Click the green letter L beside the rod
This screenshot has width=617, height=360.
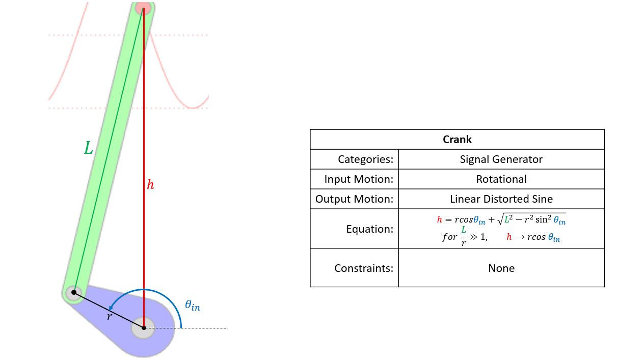pyautogui.click(x=89, y=148)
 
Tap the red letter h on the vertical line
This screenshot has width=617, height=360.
pyautogui.click(x=150, y=185)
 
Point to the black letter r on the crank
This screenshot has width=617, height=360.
pyautogui.click(x=109, y=317)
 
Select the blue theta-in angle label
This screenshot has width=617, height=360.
pyautogui.click(x=192, y=306)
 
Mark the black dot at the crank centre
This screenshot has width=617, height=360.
pyautogui.click(x=144, y=328)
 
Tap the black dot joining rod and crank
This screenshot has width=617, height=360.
pyautogui.click(x=73, y=292)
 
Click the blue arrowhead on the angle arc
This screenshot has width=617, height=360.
pyautogui.click(x=111, y=308)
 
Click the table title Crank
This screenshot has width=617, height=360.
pyautogui.click(x=457, y=140)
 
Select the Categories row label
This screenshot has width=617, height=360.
pyautogui.click(x=365, y=159)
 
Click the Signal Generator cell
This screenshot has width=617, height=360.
pyautogui.click(x=501, y=159)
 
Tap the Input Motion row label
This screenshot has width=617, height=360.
pyautogui.click(x=359, y=179)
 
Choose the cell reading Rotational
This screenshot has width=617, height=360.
pyautogui.click(x=501, y=179)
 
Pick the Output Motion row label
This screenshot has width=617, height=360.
pyautogui.click(x=355, y=199)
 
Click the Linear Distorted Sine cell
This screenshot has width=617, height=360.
pyautogui.click(x=501, y=199)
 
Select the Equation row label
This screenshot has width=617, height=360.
pyautogui.click(x=370, y=229)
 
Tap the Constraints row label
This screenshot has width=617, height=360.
pyautogui.click(x=364, y=268)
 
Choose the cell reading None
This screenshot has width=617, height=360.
pyautogui.click(x=501, y=268)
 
